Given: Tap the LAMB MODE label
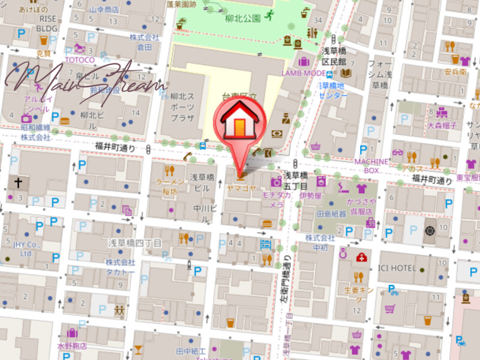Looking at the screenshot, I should [x=304, y=73].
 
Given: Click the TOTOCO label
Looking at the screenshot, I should [x=80, y=60].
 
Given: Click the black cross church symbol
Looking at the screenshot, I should [x=19, y=182].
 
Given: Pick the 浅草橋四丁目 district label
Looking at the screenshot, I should [x=135, y=242].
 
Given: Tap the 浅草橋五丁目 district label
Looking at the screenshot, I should [x=296, y=181].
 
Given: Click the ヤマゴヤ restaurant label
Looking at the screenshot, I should [x=241, y=188].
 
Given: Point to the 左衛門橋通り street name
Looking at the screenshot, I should [x=287, y=282].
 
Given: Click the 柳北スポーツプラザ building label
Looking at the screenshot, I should [x=182, y=106].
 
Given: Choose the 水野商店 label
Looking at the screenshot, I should [x=73, y=346].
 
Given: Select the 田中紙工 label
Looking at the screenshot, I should [x=191, y=351].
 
